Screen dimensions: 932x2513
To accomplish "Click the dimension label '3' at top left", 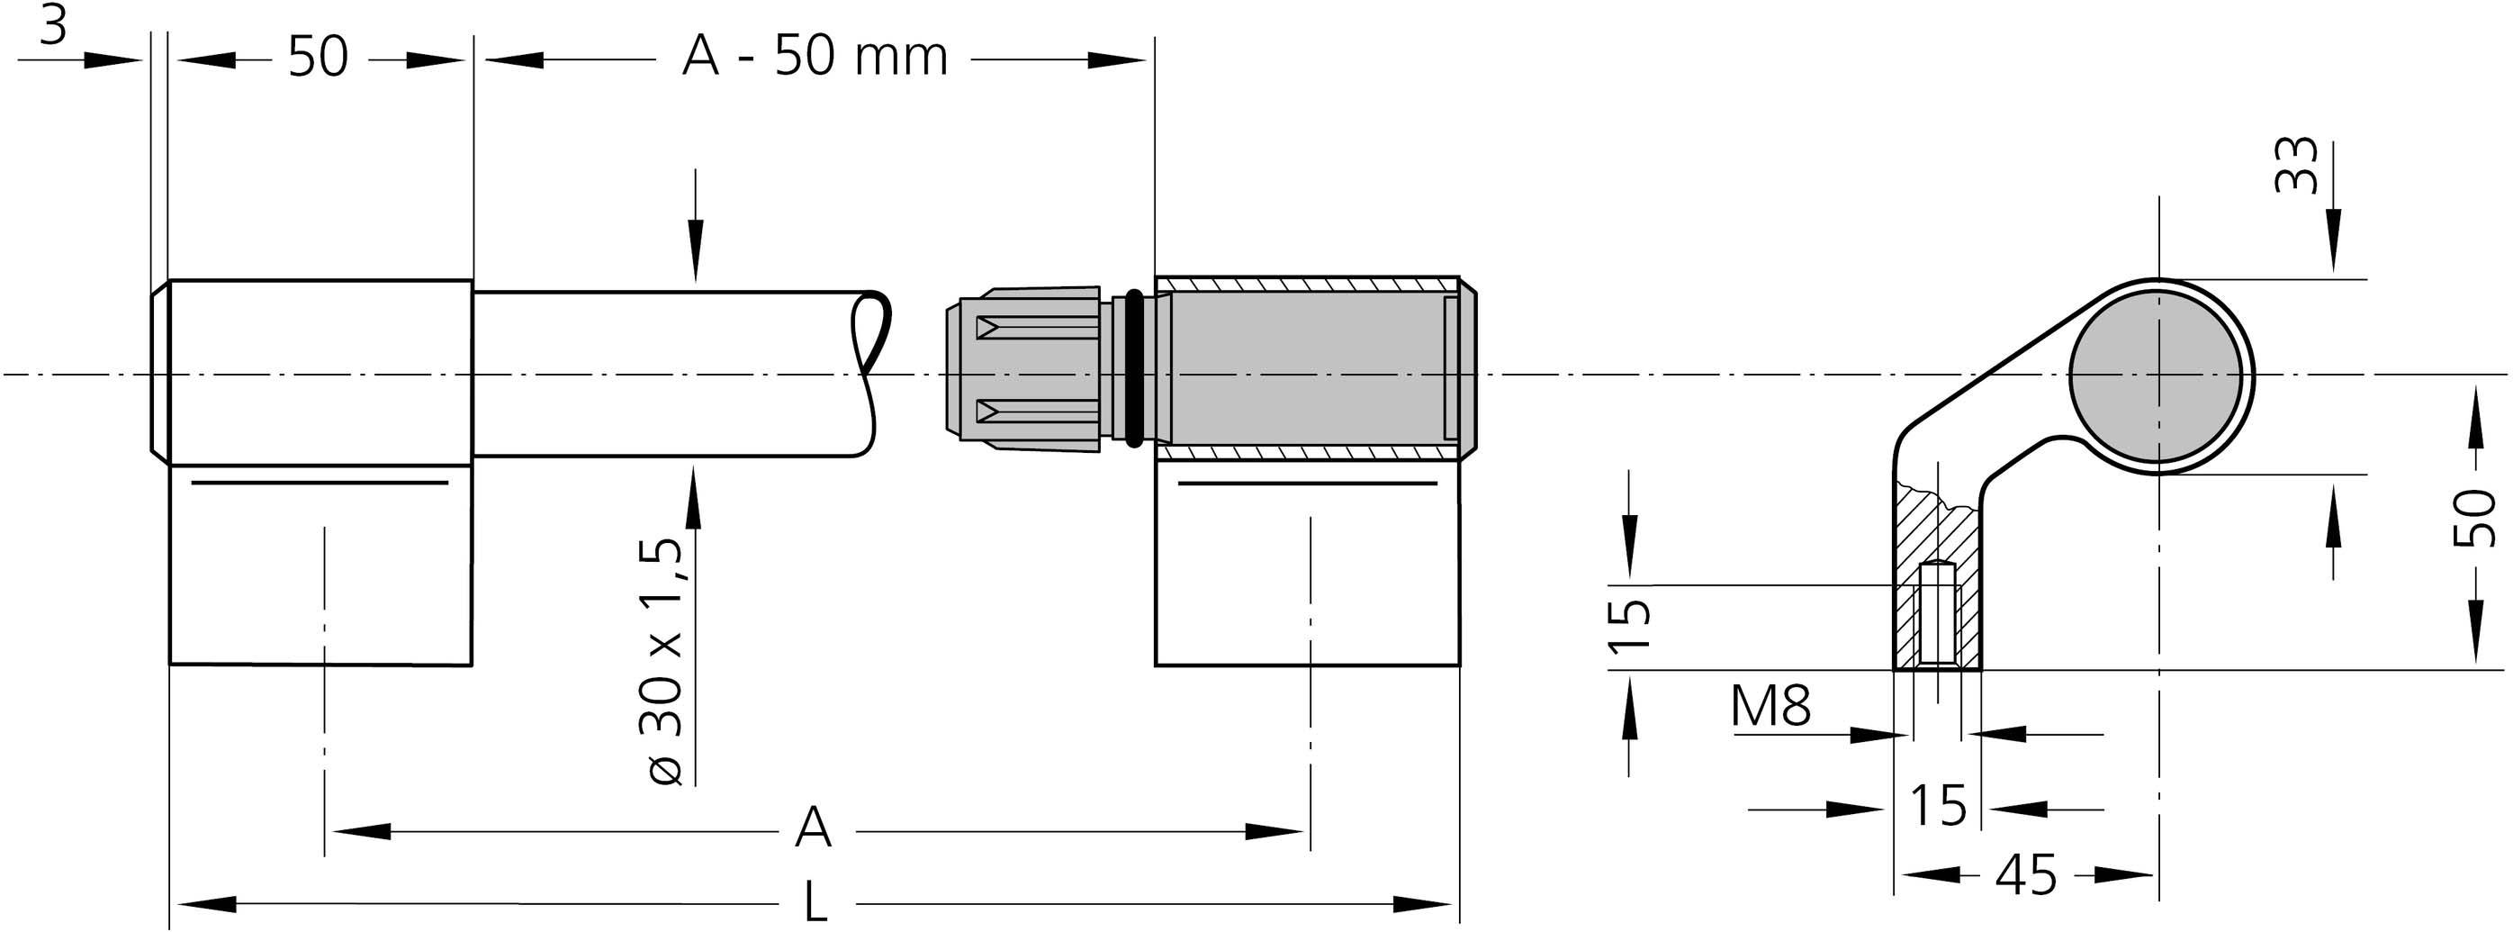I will point(54,27).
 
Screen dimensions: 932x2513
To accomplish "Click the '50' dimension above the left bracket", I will point(318,58).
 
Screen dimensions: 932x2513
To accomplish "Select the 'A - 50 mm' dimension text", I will point(814,57).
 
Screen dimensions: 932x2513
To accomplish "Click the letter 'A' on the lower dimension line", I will point(813,828).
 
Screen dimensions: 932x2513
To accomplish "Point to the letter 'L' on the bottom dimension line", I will point(815,902).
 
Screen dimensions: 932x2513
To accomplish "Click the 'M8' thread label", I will point(1770,707).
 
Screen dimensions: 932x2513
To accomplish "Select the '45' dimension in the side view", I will point(2025,875).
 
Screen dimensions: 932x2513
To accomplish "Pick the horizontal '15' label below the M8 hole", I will point(1938,806).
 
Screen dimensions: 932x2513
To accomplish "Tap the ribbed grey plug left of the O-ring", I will point(1024,368).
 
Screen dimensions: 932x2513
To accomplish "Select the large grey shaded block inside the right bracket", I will point(1307,368).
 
